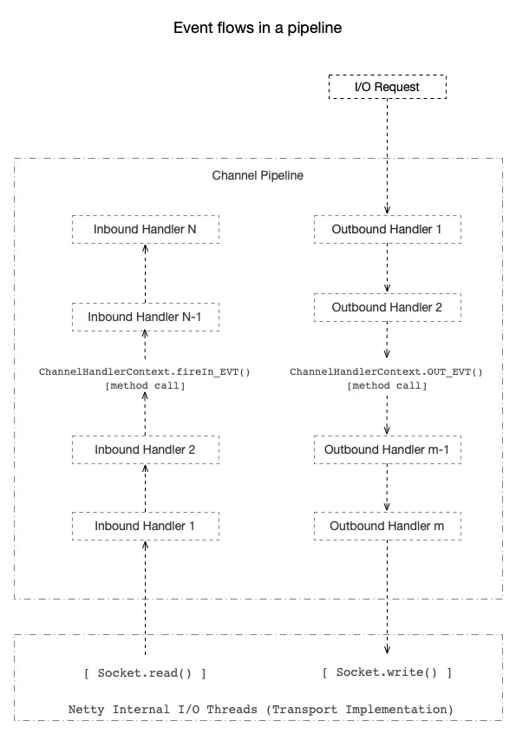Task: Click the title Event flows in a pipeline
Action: pos(258,28)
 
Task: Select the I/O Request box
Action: pos(387,87)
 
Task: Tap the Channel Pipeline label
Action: pos(258,175)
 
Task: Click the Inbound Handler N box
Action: pos(145,230)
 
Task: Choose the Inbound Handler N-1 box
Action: pos(145,317)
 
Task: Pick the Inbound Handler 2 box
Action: pos(145,449)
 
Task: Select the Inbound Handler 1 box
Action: pos(145,525)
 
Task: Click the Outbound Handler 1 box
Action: pos(387,230)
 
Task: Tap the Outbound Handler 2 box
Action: pos(387,307)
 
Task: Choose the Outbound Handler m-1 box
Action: pos(387,449)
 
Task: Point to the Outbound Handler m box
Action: pos(387,525)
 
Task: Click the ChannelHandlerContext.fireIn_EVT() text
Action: pos(145,371)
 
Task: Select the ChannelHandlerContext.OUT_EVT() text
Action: pos(387,371)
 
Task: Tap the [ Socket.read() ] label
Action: pos(145,672)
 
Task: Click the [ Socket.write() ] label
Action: pos(387,672)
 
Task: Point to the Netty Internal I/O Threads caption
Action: pos(260,709)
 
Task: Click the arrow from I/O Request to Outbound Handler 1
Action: pos(387,156)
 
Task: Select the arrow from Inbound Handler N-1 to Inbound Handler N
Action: pos(145,272)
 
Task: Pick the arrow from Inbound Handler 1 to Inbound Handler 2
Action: pos(145,488)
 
